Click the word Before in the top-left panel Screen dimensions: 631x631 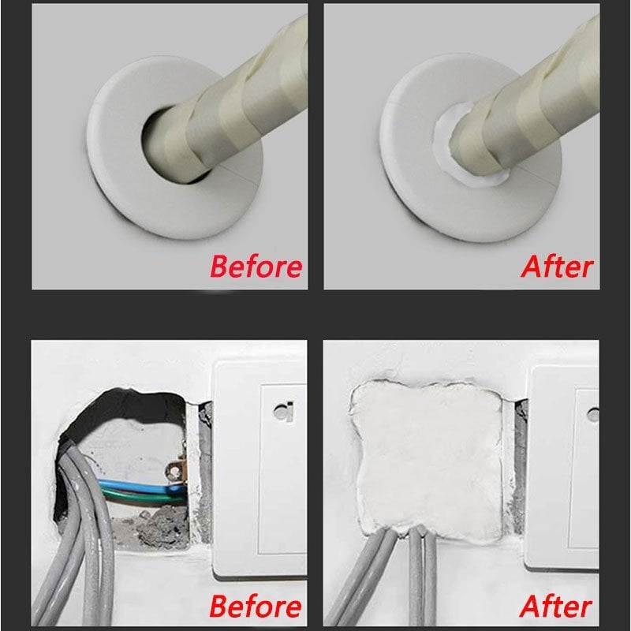point(256,266)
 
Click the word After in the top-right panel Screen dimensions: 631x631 point(557,266)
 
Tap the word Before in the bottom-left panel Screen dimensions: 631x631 point(256,607)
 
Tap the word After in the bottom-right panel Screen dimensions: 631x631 point(557,607)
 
